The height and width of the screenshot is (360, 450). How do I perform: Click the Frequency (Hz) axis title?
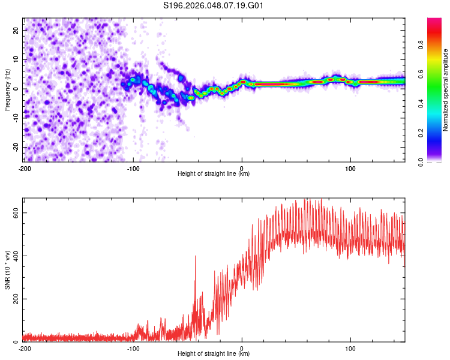point(7,90)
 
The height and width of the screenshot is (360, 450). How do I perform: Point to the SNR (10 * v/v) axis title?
point(7,270)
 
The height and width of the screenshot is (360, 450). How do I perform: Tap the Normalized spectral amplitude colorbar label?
point(445,90)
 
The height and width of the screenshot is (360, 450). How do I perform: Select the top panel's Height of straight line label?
point(214,174)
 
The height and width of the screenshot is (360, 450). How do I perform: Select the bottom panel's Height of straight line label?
point(214,354)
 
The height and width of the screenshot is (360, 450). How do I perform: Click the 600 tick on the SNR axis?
point(15,213)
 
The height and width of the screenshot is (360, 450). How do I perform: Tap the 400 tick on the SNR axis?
point(15,256)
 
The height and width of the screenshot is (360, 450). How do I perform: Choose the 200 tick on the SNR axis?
point(15,299)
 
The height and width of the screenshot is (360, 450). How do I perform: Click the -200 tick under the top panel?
point(25,169)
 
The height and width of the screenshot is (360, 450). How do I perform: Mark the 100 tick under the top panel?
point(350,169)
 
